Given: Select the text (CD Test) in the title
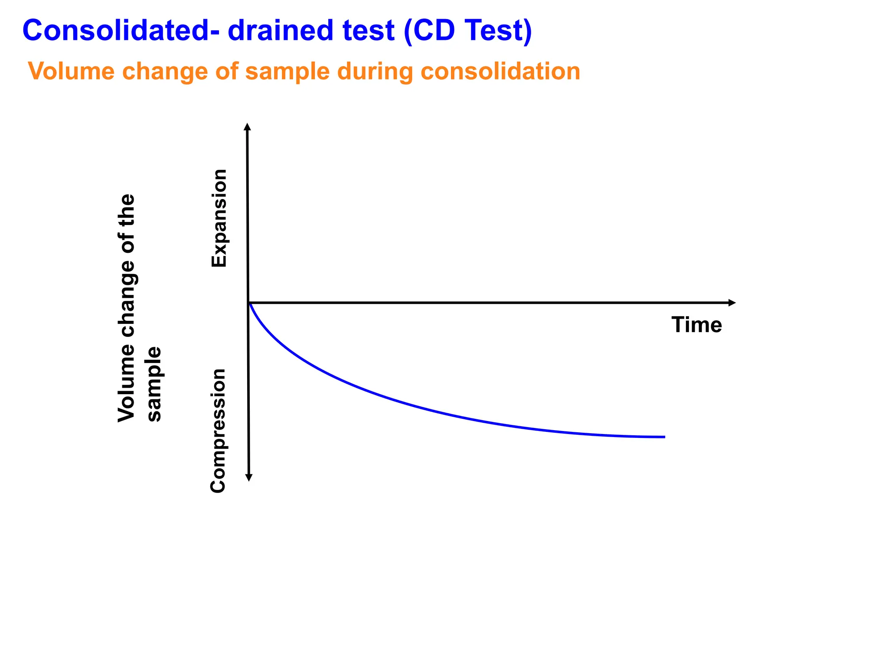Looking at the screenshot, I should (x=467, y=31).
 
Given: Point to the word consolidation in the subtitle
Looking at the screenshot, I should (x=500, y=71).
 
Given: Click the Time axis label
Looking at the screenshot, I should (x=696, y=325).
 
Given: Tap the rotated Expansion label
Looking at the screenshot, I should (x=219, y=218).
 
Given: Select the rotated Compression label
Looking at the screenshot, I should (x=218, y=431).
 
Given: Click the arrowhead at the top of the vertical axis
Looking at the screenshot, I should (x=247, y=126).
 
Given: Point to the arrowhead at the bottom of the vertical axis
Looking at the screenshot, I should (x=249, y=478).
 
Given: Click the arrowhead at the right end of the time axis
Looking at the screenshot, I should (x=732, y=303).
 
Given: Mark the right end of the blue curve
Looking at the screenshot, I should (x=664, y=437).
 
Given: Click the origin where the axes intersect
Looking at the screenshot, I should (x=248, y=303).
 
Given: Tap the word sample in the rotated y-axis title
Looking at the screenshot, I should (x=154, y=384).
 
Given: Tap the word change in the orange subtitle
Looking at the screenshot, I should (x=165, y=72).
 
